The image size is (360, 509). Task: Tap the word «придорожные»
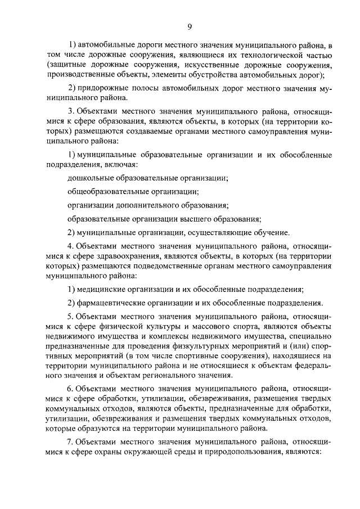click(x=100, y=89)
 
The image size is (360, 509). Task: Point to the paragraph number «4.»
click(x=71, y=247)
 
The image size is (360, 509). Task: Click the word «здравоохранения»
click(x=135, y=256)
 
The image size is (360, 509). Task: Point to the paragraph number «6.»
click(x=71, y=388)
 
